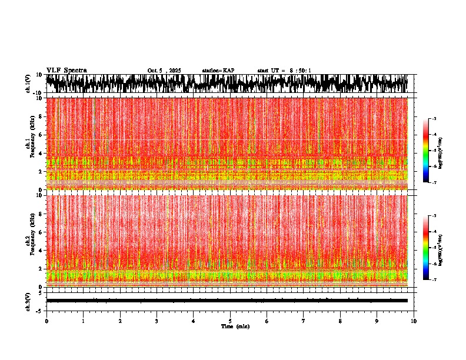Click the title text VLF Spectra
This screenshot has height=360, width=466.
coord(66,70)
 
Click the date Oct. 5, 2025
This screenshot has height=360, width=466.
coord(164,71)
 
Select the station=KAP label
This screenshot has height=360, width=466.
coord(218,71)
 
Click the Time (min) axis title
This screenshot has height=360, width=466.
coord(235,326)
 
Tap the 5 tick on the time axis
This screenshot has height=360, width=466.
coord(230,321)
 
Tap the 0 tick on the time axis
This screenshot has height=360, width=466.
coord(46,321)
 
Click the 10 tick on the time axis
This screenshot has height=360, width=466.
coord(414,321)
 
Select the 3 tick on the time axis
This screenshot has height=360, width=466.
coord(157,321)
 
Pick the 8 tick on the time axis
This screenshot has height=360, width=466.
coord(340,321)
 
